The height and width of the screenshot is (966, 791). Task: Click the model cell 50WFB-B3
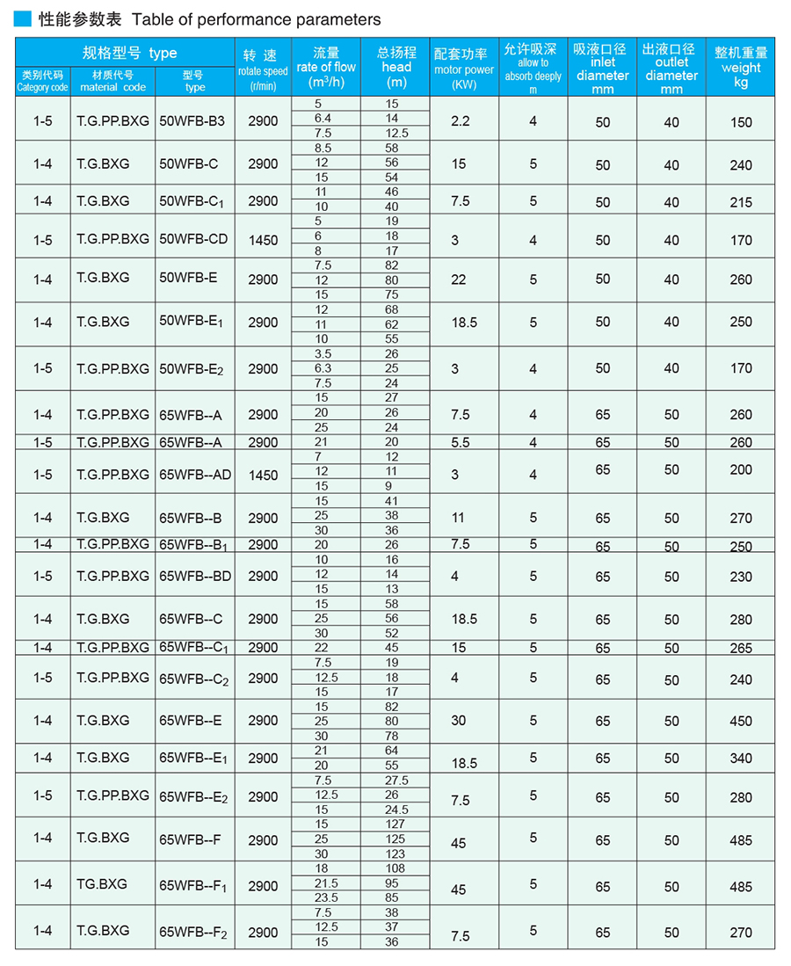coord(192,120)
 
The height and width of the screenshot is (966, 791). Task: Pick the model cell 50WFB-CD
coord(194,239)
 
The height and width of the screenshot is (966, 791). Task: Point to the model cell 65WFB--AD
coord(195,475)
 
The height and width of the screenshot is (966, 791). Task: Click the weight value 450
coord(740,721)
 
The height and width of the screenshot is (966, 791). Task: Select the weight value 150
coord(740,122)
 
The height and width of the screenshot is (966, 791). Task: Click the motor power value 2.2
coord(460,120)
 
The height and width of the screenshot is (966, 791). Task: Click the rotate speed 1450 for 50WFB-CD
coord(262,240)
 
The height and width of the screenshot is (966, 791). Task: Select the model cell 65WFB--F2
coord(193,933)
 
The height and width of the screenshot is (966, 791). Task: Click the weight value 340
coord(740,759)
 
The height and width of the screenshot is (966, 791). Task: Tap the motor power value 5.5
coord(460,443)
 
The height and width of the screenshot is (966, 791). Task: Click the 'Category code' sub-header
coord(42,87)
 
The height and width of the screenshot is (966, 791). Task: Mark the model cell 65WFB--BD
coord(195,577)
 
